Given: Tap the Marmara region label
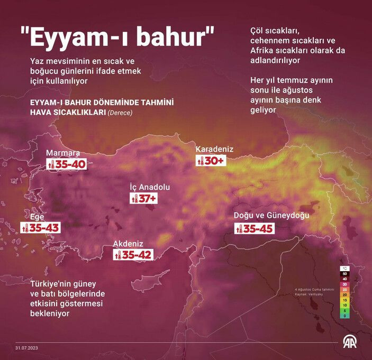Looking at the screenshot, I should pos(62,153).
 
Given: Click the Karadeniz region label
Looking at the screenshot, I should pos(214,150).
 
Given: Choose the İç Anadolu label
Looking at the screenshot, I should pos(150,187).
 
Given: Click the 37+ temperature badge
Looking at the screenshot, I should pos(144,199).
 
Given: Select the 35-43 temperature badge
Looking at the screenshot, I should pos(40,228).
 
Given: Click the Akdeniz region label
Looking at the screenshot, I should pos(128,244).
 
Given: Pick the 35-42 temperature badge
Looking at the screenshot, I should pos(133,255).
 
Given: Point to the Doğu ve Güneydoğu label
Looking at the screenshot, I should pos(271,216).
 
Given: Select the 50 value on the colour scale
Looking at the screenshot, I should pos(344,273).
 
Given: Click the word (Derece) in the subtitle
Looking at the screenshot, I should pos(120,113).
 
